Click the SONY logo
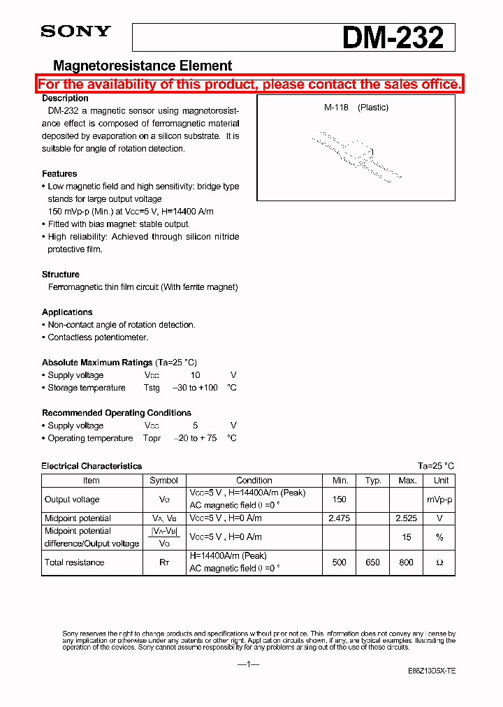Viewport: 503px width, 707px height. click(75, 31)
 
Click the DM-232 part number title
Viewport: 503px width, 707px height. click(393, 38)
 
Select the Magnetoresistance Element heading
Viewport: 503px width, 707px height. click(143, 66)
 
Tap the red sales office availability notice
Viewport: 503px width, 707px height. click(249, 85)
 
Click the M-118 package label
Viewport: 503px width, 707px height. click(336, 108)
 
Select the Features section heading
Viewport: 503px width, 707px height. click(59, 174)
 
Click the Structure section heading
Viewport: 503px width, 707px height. click(61, 275)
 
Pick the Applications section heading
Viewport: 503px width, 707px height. click(67, 312)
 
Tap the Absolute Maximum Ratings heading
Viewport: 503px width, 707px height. click(97, 363)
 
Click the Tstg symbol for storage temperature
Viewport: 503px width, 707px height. click(152, 388)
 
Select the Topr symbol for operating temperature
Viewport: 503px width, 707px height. click(152, 438)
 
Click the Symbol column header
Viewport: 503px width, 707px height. click(163, 481)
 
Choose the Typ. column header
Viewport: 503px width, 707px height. click(373, 481)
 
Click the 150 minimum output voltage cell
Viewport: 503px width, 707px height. click(340, 500)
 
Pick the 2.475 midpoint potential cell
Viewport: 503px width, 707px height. click(340, 518)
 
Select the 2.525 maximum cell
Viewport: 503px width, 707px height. click(407, 518)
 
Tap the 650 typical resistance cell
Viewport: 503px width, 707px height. click(373, 562)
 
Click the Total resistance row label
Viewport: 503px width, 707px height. click(75, 562)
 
